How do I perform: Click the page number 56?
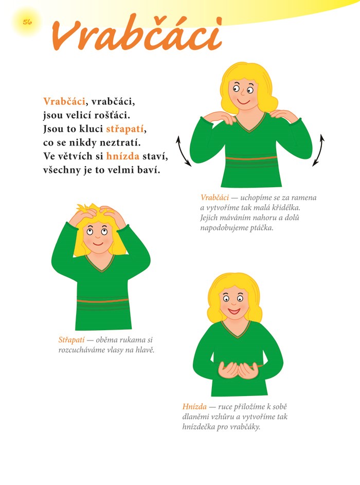pos(27,22)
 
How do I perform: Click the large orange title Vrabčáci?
pos(137,34)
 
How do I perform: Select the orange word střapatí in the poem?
pos(125,129)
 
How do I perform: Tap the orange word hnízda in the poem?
pos(123,156)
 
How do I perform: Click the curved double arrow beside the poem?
pos(184,151)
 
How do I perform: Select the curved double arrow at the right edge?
pos(319,150)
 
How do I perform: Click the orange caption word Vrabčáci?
pos(214,197)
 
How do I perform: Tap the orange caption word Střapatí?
pos(71,339)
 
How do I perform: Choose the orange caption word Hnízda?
pos(194,406)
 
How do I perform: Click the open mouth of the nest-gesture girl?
pos(235,310)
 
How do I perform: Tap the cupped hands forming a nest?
pos(238,370)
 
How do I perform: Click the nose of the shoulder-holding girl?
pos(243,93)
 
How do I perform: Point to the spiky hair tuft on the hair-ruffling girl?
pos(85,208)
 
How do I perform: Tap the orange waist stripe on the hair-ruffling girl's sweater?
pos(103,300)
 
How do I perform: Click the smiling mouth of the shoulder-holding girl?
pos(243,101)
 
